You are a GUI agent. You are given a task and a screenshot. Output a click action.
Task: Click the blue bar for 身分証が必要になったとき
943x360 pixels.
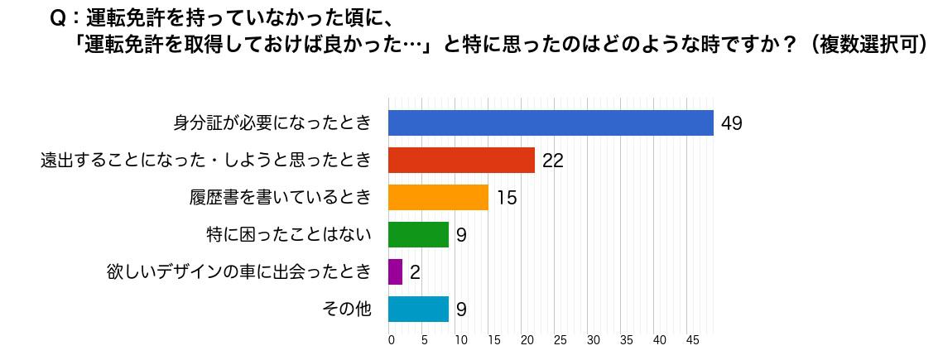click(x=551, y=123)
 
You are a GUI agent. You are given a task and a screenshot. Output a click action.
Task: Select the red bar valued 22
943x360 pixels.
click(x=461, y=161)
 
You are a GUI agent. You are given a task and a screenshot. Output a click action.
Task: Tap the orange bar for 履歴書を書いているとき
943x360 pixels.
click(x=438, y=198)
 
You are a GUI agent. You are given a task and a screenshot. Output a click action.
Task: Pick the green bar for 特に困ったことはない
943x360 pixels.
click(x=418, y=235)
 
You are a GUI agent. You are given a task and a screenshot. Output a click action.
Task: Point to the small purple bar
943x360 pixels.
click(x=395, y=272)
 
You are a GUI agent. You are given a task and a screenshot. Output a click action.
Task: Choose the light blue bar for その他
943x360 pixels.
click(x=418, y=310)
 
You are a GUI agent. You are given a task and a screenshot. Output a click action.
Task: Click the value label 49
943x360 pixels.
click(x=731, y=124)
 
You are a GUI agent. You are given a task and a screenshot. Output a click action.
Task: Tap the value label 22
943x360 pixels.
click(x=552, y=161)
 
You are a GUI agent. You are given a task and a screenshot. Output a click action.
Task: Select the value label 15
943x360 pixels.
click(x=506, y=199)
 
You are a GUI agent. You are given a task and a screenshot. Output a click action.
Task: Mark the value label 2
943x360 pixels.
click(x=415, y=273)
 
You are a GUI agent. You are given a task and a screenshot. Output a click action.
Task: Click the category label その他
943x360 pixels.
click(x=346, y=310)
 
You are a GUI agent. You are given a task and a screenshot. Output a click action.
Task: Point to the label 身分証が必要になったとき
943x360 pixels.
click(x=272, y=123)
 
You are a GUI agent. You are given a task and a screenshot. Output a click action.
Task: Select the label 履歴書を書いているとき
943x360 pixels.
click(x=280, y=198)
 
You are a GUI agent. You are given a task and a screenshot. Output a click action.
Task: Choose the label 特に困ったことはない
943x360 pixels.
click(x=288, y=235)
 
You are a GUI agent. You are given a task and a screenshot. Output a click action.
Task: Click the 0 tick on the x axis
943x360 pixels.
click(x=391, y=340)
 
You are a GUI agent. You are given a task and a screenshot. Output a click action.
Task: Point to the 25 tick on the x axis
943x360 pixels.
click(x=560, y=340)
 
